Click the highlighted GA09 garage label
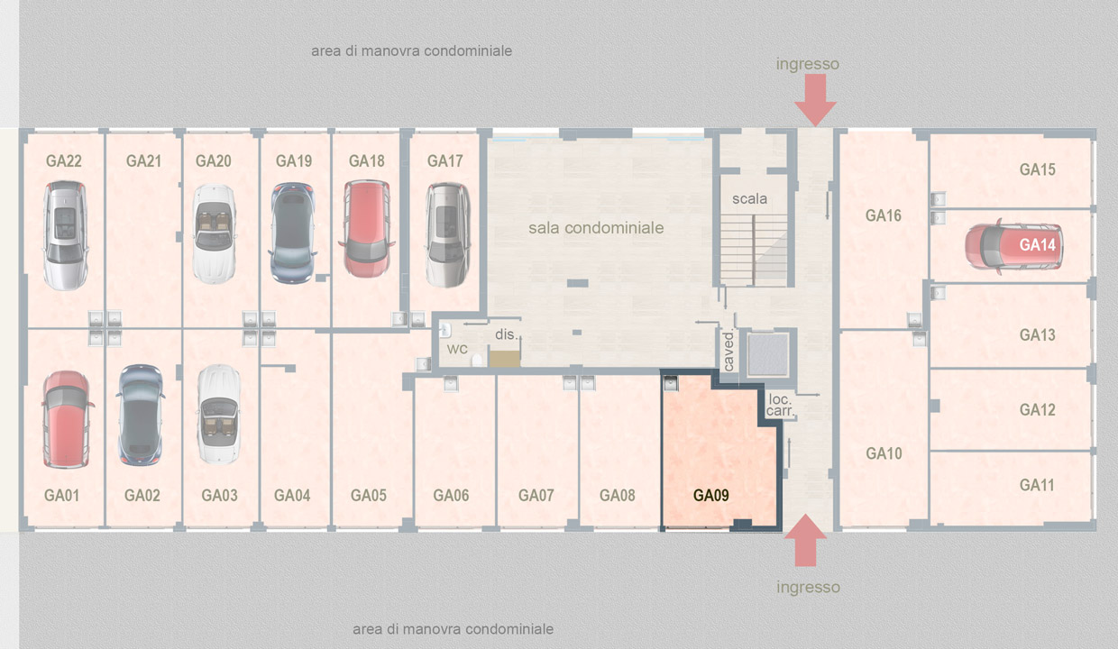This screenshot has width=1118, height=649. (x=710, y=496)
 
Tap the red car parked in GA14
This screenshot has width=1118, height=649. (x=1013, y=246)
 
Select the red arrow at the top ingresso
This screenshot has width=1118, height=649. (x=815, y=100)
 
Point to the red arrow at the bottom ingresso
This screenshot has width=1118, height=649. (x=805, y=540)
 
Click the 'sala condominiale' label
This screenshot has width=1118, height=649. (x=596, y=228)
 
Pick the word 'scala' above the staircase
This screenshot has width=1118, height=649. (x=749, y=198)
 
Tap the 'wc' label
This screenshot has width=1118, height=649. (x=457, y=349)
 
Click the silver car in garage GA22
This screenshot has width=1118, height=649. (x=65, y=235)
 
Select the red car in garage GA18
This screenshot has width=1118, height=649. (x=366, y=228)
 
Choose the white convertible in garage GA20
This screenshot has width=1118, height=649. (x=214, y=234)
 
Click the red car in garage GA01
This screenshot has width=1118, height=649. (x=67, y=419)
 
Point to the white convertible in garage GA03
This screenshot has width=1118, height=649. (x=218, y=414)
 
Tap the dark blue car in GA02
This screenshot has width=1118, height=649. (x=141, y=415)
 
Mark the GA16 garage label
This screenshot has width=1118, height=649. (x=883, y=215)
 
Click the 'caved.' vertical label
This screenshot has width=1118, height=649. (x=729, y=351)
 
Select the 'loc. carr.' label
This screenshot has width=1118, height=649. (x=780, y=405)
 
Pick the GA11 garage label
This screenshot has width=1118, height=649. (x=1037, y=485)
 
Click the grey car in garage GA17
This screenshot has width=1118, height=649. (x=448, y=235)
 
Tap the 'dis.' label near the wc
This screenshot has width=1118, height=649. (x=507, y=334)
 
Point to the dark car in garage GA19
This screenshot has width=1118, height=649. (x=292, y=233)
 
